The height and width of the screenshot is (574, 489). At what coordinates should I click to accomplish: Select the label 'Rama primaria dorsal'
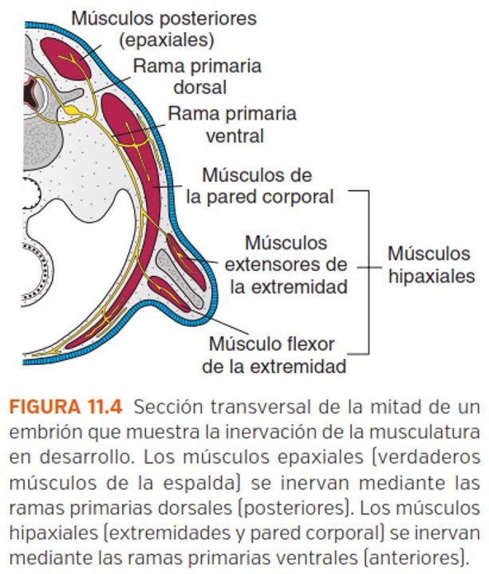pyautogui.click(x=196, y=76)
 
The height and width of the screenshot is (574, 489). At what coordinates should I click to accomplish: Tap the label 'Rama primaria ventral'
pyautogui.click(x=231, y=124)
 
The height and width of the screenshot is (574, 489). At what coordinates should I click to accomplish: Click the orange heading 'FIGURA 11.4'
pyautogui.click(x=65, y=407)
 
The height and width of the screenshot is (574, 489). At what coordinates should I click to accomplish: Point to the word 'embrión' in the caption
pyautogui.click(x=40, y=433)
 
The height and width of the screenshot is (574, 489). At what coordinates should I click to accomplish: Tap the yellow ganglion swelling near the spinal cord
pyautogui.click(x=71, y=106)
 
